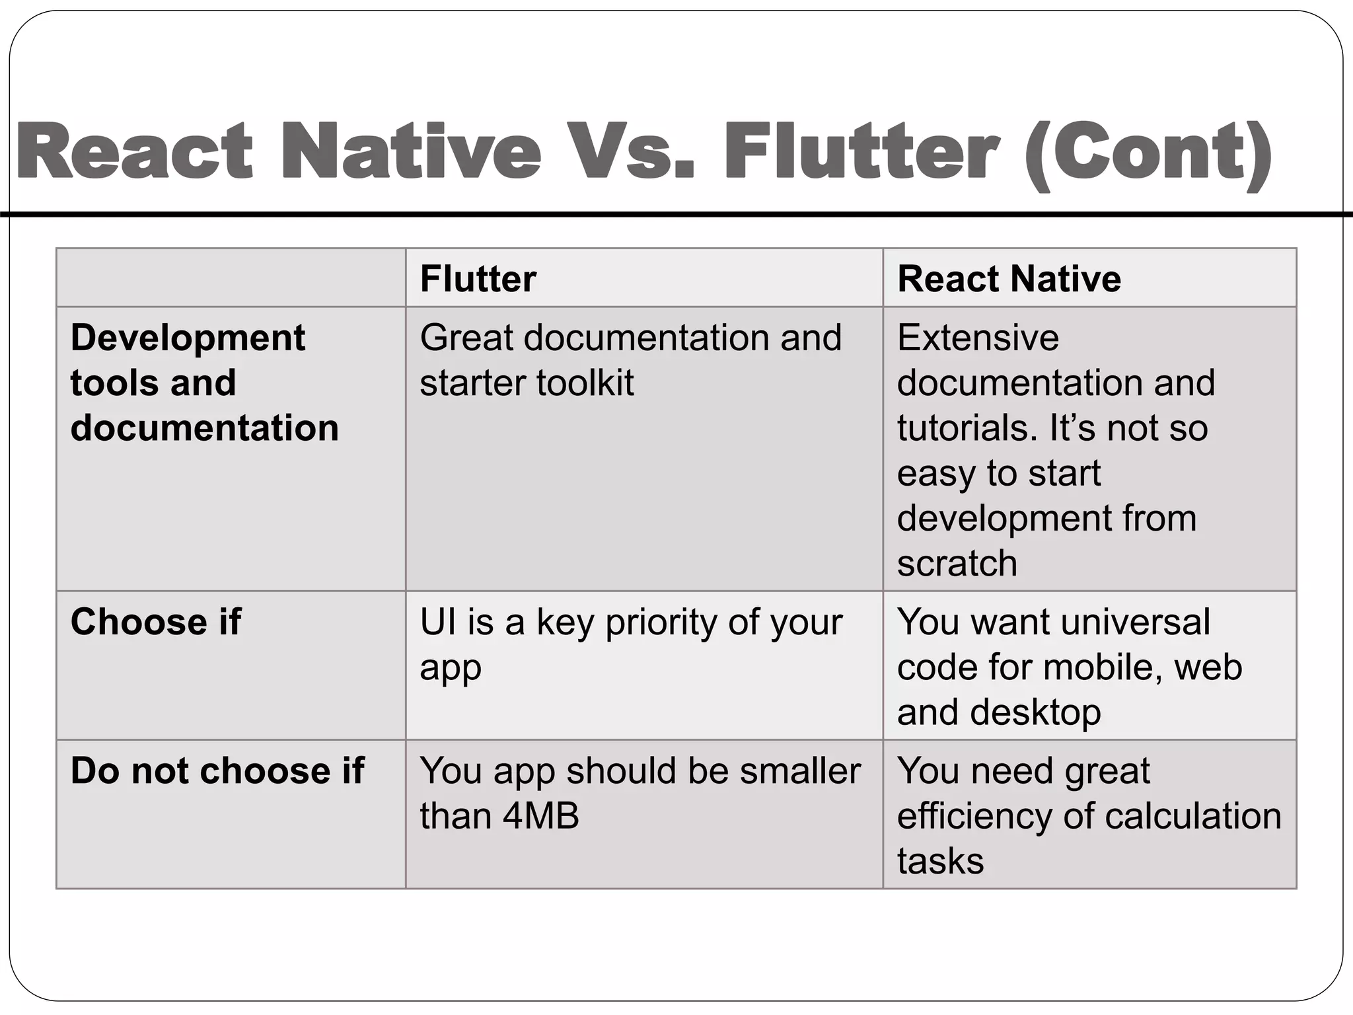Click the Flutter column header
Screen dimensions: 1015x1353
(x=478, y=278)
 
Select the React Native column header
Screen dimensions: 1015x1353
(x=1009, y=278)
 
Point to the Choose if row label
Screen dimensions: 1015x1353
(x=156, y=622)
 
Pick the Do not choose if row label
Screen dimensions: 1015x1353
(x=217, y=771)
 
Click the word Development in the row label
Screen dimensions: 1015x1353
(x=188, y=338)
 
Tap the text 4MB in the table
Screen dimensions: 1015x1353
(x=540, y=815)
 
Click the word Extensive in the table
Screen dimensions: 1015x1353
(x=978, y=338)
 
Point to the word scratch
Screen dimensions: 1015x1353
(x=957, y=563)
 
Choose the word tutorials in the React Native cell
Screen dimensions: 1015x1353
(x=968, y=428)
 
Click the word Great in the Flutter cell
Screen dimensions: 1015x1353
(x=466, y=338)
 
